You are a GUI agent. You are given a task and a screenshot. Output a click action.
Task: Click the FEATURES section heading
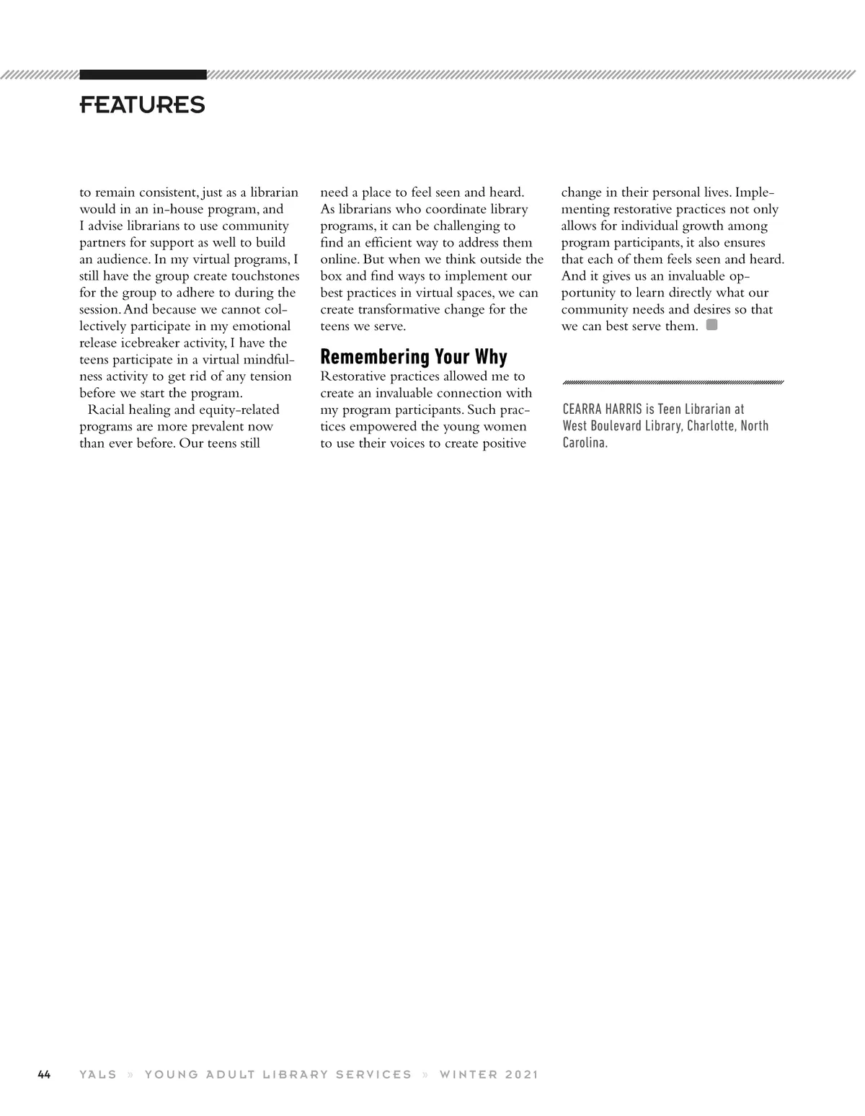coord(142,105)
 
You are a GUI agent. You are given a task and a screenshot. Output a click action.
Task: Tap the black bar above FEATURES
coord(143,74)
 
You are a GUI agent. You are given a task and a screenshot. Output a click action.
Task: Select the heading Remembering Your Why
coord(413,357)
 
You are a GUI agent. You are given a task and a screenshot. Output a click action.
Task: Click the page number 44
coord(44,1074)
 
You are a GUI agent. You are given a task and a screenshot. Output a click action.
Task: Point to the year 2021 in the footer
coord(522,1074)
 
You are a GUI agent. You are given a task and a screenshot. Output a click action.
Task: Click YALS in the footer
coord(98,1074)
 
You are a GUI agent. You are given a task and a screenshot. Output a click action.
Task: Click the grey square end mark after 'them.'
coord(711,325)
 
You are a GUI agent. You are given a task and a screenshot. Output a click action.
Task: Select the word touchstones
coord(262,276)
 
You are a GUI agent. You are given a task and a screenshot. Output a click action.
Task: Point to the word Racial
coord(108,410)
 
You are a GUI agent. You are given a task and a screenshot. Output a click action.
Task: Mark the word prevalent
coord(208,427)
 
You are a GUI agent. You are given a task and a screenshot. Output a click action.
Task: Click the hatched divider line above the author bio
coord(673,382)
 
